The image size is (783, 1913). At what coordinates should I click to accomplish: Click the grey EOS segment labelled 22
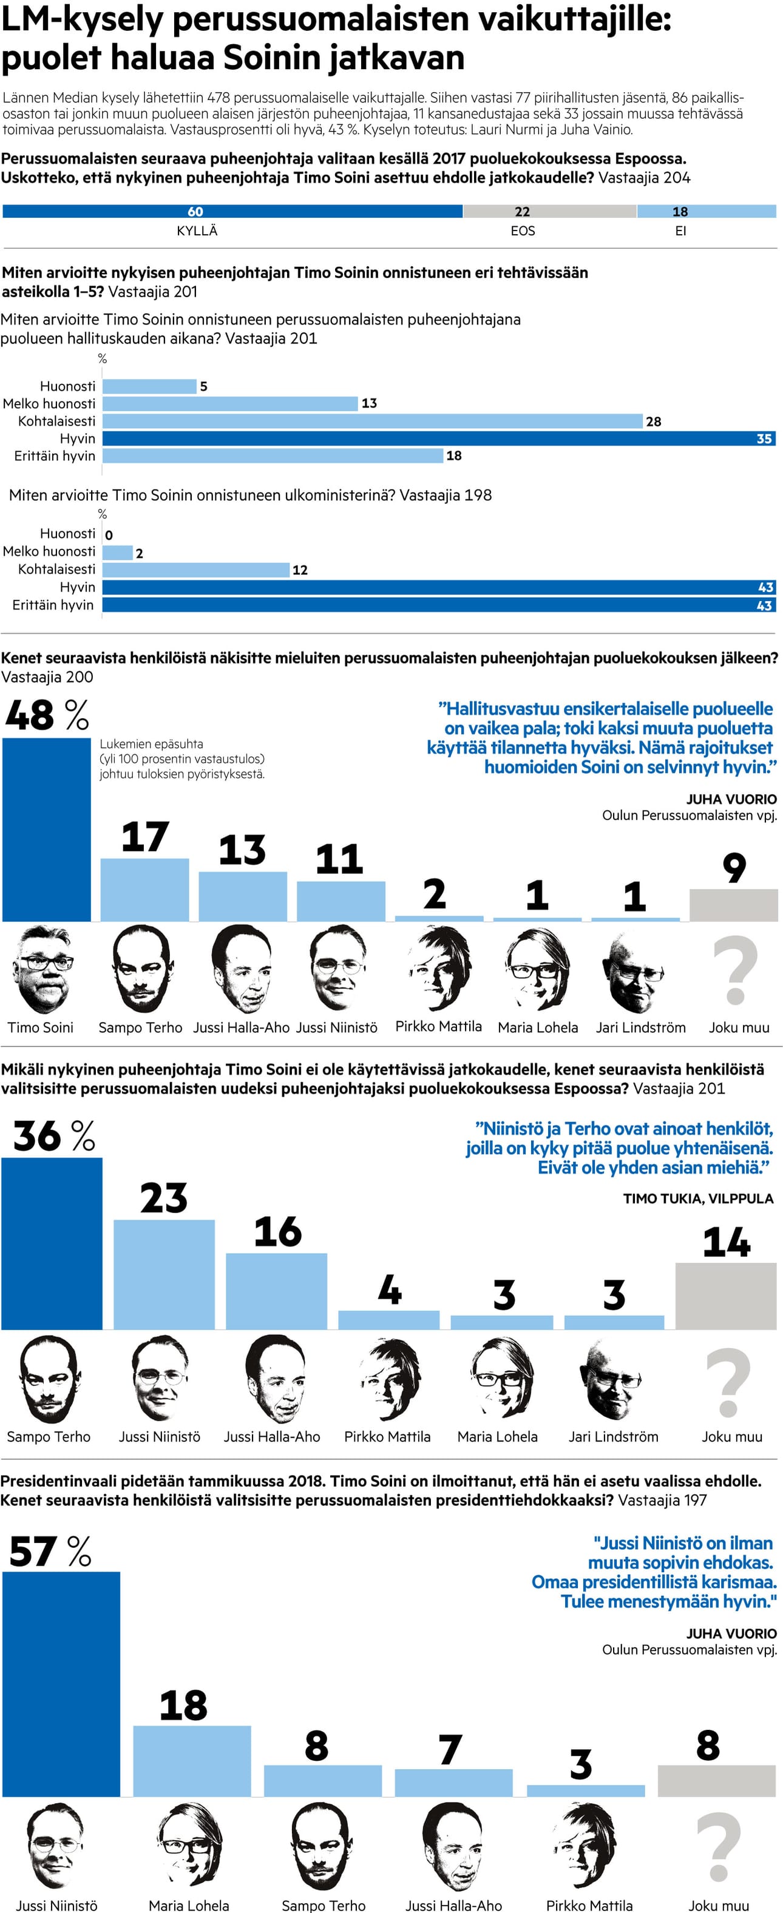[x=550, y=212]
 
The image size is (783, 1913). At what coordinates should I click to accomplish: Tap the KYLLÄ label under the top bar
[x=197, y=231]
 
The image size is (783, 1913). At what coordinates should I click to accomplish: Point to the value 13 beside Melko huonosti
[x=369, y=403]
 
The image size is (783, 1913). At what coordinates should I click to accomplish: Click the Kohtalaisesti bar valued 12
[x=195, y=570]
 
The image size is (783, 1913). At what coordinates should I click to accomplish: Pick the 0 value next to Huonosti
[x=109, y=535]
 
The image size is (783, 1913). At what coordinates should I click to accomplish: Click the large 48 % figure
[x=46, y=715]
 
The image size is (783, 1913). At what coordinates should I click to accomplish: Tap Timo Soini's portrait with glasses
[x=44, y=969]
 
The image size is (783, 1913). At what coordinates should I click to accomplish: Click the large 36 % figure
[x=53, y=1136]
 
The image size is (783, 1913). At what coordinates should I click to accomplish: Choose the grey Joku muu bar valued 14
[x=725, y=1296]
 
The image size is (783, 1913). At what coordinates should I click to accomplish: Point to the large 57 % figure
[x=50, y=1552]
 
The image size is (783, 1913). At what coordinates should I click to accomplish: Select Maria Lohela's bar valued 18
[x=192, y=1761]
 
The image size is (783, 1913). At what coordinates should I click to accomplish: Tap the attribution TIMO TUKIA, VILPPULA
[x=697, y=1199]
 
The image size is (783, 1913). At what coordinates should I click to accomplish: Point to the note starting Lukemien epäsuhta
[x=182, y=759]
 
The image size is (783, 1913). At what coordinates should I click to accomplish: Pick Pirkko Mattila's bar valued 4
[x=388, y=1320]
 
